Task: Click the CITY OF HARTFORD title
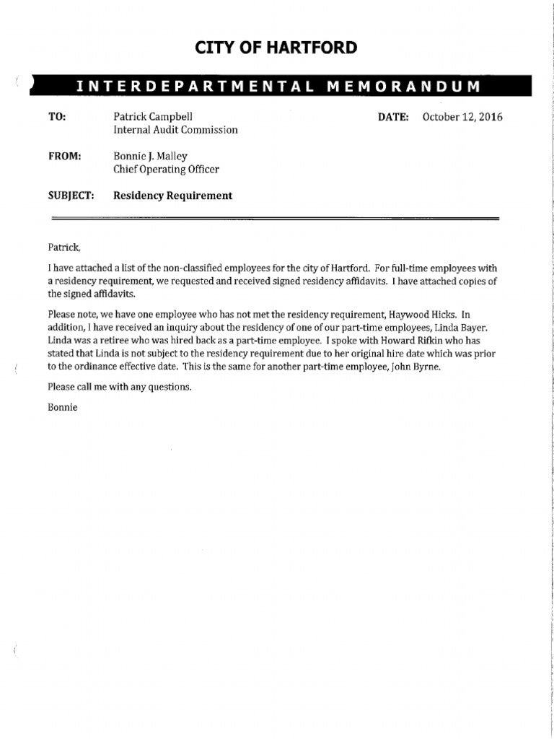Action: tap(276, 48)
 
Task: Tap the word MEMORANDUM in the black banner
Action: tap(403, 87)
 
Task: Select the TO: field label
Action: tap(56, 117)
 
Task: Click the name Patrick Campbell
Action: tap(153, 117)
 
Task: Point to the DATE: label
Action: tap(394, 117)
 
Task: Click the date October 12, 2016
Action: tap(462, 117)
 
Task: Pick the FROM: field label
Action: tap(63, 156)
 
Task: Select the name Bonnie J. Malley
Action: tap(150, 156)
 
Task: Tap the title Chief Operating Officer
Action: tap(166, 170)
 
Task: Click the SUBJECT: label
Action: tap(71, 196)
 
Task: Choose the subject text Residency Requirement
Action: tap(173, 196)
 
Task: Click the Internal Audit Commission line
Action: tap(175, 131)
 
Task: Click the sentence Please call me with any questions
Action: tap(120, 387)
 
